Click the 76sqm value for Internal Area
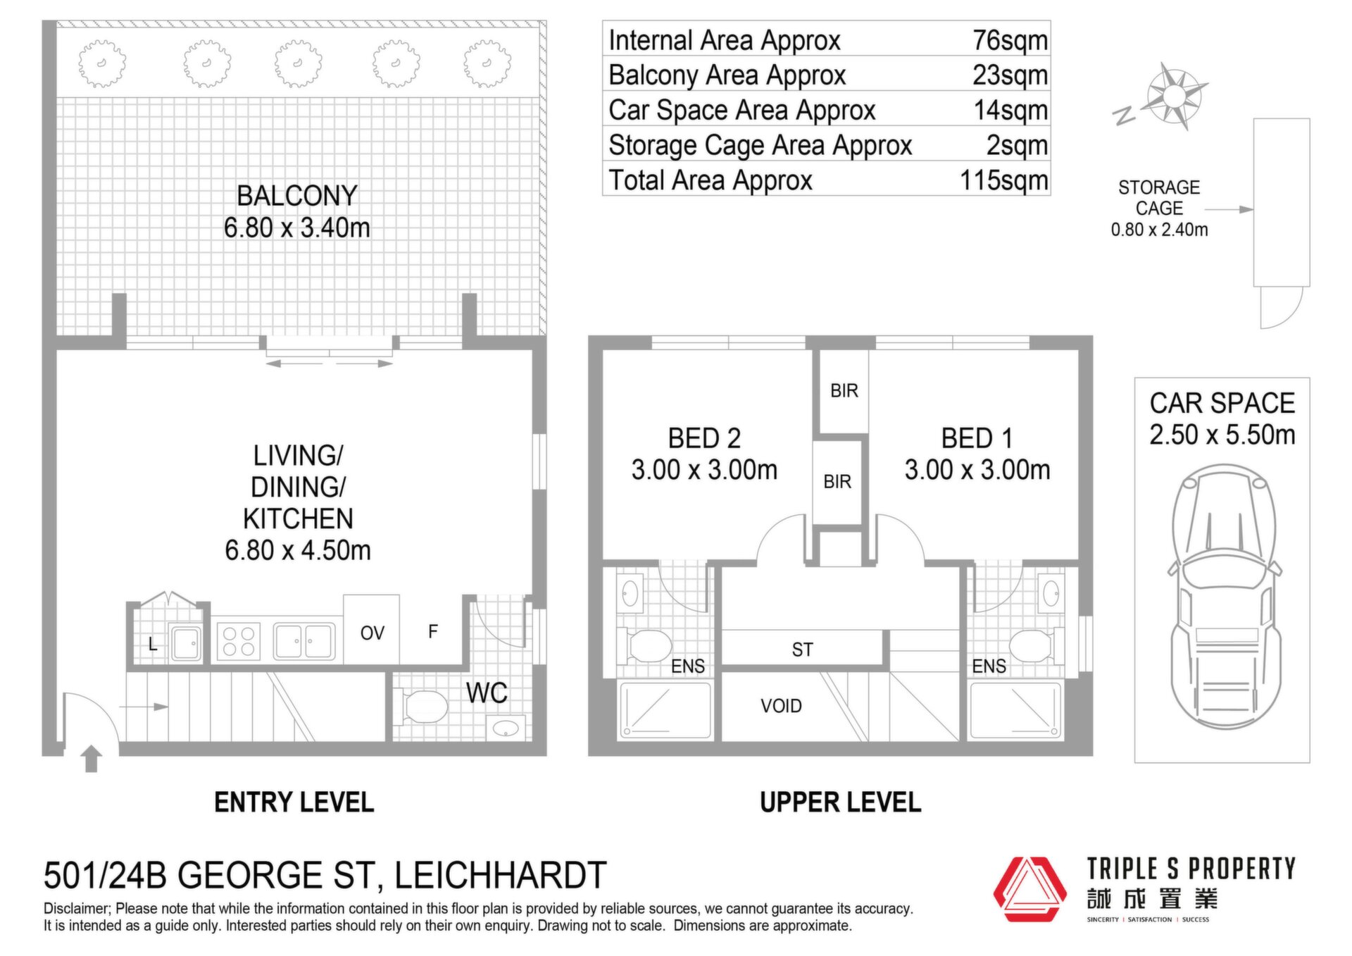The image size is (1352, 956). pyautogui.click(x=1010, y=40)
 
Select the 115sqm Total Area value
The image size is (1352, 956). pyautogui.click(x=1004, y=180)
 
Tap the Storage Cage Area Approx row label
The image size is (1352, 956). pyautogui.click(x=760, y=145)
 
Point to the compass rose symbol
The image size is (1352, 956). pyautogui.click(x=1173, y=96)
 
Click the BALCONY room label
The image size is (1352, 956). pyautogui.click(x=297, y=196)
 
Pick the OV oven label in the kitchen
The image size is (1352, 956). pyautogui.click(x=373, y=633)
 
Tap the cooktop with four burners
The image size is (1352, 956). pyautogui.click(x=238, y=641)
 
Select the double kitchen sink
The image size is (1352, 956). pyautogui.click(x=304, y=641)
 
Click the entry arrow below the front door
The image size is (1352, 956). pyautogui.click(x=91, y=759)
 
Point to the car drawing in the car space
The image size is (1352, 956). pyautogui.click(x=1225, y=597)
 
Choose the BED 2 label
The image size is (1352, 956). pyautogui.click(x=704, y=439)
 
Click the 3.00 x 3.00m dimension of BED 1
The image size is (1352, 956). pyautogui.click(x=977, y=470)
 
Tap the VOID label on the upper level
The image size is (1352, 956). pyautogui.click(x=781, y=706)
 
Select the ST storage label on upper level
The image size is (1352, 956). pyautogui.click(x=802, y=650)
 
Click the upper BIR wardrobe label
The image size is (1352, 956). pyautogui.click(x=844, y=391)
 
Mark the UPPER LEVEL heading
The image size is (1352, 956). pyautogui.click(x=841, y=802)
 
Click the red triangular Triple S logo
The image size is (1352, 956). pyautogui.click(x=1029, y=889)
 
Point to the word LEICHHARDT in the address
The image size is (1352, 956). pyautogui.click(x=501, y=876)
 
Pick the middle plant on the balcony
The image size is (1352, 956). pyautogui.click(x=299, y=64)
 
